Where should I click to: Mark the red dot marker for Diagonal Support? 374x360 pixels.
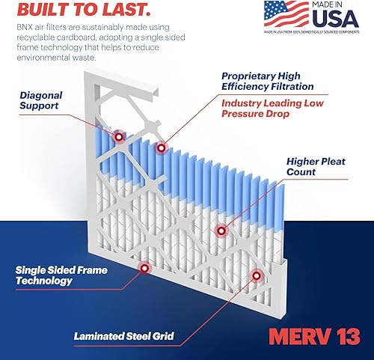point(118,137)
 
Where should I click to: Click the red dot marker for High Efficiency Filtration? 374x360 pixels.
point(160,148)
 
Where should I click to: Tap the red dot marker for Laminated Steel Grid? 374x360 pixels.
point(257,275)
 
